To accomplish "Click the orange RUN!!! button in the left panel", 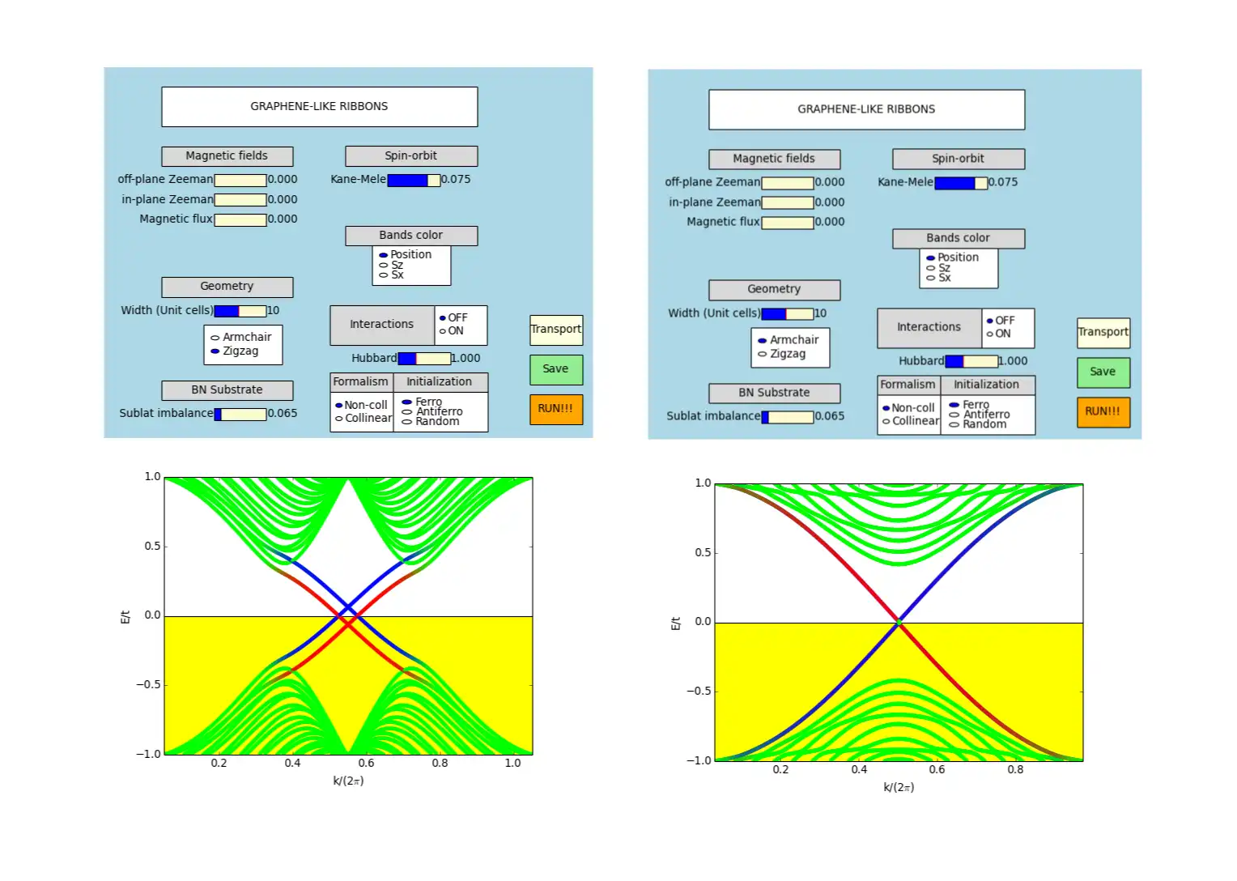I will (x=555, y=409).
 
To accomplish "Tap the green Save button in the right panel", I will (x=1103, y=372).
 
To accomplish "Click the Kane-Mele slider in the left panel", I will (x=414, y=180).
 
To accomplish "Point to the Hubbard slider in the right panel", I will (x=971, y=361).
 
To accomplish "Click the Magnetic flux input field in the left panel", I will (x=240, y=219).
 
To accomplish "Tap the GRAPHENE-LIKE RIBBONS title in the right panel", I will (x=866, y=109).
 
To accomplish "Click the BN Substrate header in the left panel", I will (x=227, y=390).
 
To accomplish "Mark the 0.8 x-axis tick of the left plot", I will (x=440, y=763).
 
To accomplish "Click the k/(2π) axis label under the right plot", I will (x=899, y=787).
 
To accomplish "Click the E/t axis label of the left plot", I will (x=125, y=617).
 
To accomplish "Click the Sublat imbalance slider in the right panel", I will (x=787, y=417).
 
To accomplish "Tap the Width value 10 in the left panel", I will (x=274, y=310).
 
